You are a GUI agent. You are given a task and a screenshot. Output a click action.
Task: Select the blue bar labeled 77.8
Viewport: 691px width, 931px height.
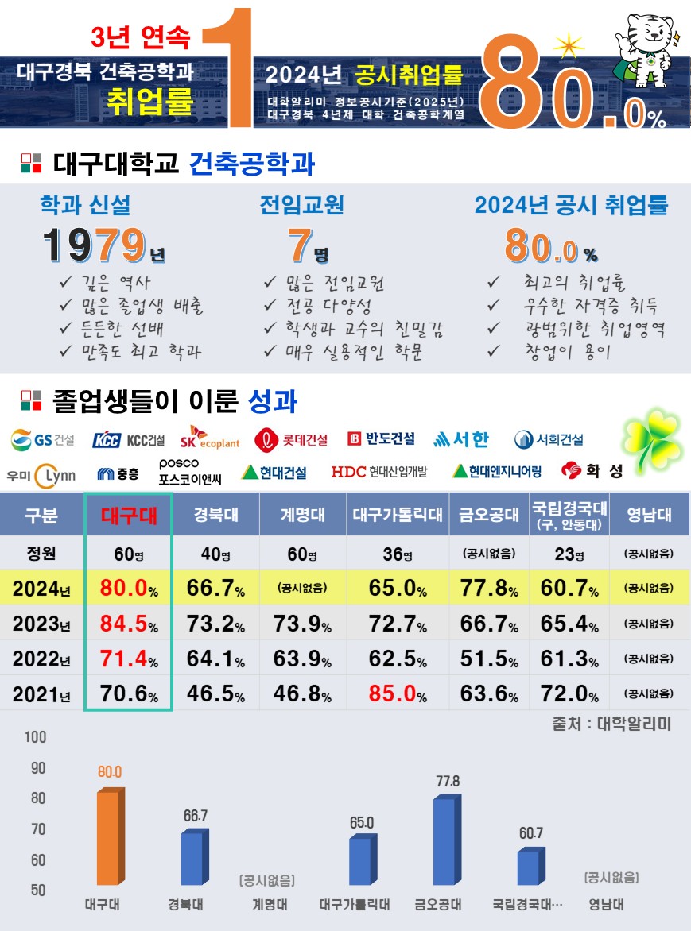(444, 840)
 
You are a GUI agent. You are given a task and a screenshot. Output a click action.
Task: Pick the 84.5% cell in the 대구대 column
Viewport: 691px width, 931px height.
(128, 624)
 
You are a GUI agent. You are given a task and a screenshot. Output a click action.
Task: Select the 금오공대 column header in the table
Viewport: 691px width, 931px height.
(489, 515)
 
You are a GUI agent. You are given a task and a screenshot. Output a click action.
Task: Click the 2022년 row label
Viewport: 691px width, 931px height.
(41, 659)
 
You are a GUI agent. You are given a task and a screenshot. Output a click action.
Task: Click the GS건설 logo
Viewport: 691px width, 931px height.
(43, 439)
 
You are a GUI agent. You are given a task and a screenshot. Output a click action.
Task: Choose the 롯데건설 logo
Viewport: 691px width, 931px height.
(292, 439)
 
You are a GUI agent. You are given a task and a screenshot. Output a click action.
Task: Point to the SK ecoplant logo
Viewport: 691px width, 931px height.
(209, 438)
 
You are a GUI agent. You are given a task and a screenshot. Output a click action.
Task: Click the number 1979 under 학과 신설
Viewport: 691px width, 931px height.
(95, 245)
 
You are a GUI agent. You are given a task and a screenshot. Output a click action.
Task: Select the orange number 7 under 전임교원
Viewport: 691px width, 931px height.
(299, 245)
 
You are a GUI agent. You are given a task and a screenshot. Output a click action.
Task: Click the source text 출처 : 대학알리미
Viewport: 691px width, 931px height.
(611, 724)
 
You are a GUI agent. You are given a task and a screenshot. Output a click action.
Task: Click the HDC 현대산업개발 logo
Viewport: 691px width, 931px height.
(378, 472)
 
